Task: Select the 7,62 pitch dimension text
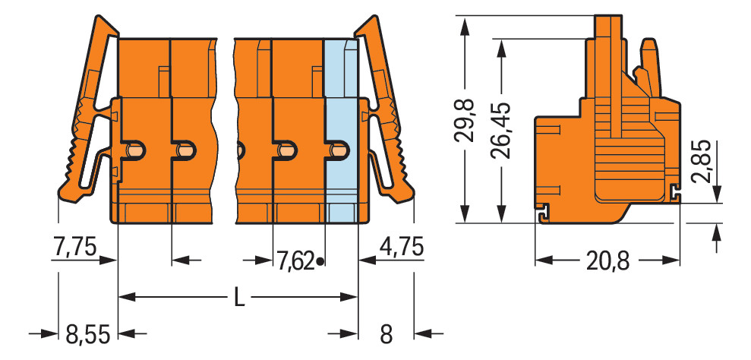[295, 261]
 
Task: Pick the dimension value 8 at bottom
[386, 333]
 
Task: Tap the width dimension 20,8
[607, 261]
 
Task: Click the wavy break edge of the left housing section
[215, 129]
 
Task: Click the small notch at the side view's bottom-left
[542, 213]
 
